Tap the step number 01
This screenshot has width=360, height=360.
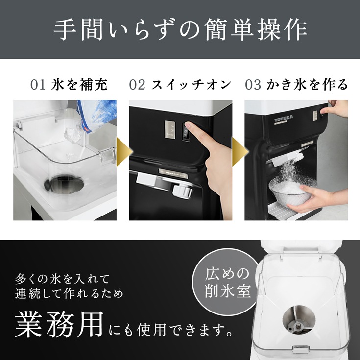tap(38, 85)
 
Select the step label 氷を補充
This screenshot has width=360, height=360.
tap(79, 85)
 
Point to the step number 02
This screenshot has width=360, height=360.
tap(137, 85)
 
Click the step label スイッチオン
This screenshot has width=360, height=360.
tap(191, 85)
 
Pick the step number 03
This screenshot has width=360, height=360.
tap(253, 85)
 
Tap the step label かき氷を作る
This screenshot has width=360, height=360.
tap(307, 85)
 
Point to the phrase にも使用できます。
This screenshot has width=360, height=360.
tap(169, 331)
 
